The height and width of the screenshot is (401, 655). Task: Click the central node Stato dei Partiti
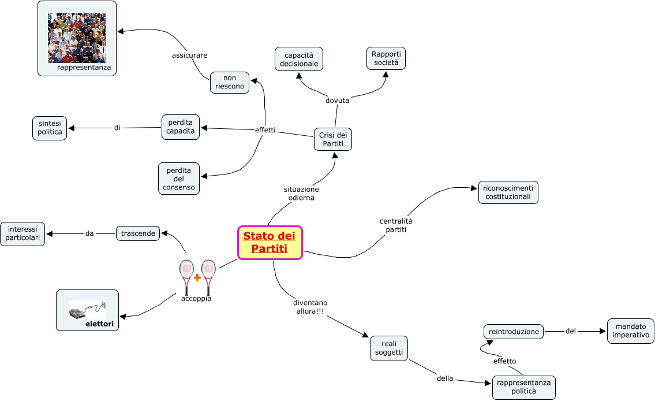[x=270, y=243]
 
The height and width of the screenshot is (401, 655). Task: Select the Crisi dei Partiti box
[x=333, y=139]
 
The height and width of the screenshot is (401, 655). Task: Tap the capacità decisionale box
[x=299, y=59]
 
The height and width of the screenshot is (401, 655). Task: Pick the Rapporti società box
[x=386, y=58]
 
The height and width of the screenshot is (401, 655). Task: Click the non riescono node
[x=230, y=82]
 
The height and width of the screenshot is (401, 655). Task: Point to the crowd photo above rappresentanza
[x=77, y=38]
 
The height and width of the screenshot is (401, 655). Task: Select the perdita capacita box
[x=181, y=127]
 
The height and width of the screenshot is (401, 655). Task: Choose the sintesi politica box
[x=50, y=128]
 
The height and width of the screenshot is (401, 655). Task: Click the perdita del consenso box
[x=179, y=178]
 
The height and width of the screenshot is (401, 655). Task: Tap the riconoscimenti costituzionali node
[x=508, y=192]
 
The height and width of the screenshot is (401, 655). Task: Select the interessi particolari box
[x=23, y=233]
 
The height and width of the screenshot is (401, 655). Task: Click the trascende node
[x=138, y=233]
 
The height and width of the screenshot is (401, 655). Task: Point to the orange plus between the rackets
[x=197, y=278]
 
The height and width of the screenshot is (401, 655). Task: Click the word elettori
[x=99, y=324]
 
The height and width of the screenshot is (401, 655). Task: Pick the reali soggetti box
[x=389, y=348]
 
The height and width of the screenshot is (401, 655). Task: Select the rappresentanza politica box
[x=523, y=387]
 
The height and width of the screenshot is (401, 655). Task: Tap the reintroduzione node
[x=514, y=332]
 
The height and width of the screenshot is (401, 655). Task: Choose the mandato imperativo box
[x=631, y=331]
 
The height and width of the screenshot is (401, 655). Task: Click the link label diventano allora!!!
[x=310, y=307]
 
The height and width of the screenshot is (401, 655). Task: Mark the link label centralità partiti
[x=396, y=225]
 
